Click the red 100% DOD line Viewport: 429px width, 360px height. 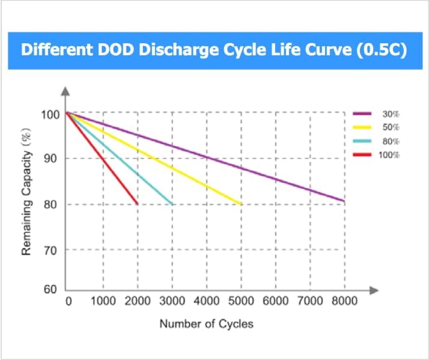pos(102,158)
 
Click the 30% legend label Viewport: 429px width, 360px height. pos(391,114)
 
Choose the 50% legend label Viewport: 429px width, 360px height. pos(391,127)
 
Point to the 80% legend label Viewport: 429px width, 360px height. pos(391,142)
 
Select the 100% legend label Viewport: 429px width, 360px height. pos(389,156)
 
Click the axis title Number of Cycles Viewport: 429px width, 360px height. pos(206,324)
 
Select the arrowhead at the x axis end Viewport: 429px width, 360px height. pos(374,291)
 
